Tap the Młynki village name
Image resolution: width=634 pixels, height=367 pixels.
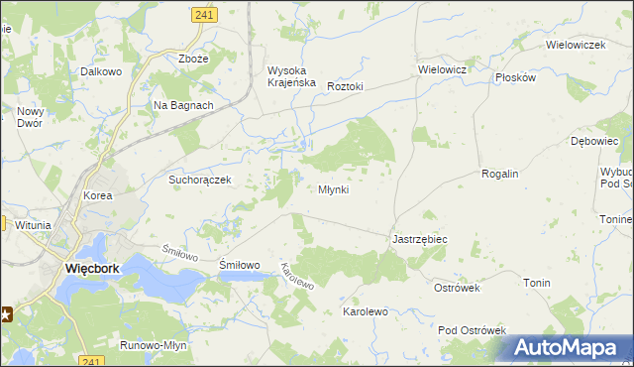pos(333,189)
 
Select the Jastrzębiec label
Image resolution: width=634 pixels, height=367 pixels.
pos(420,240)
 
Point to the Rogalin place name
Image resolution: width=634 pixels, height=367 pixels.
pos(499,174)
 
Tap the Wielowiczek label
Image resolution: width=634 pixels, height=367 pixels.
pos(576,45)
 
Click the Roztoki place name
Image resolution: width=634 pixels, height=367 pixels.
pos(346,86)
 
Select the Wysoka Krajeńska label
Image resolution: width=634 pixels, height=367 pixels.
pos(291,76)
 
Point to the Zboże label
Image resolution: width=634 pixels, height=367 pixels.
pos(193,59)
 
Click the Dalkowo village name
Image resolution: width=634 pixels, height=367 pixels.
pos(101,72)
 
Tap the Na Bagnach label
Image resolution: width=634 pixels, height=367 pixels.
pos(183,105)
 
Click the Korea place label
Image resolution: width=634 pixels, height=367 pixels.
pos(98,196)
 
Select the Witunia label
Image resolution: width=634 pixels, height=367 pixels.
pos(33,225)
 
